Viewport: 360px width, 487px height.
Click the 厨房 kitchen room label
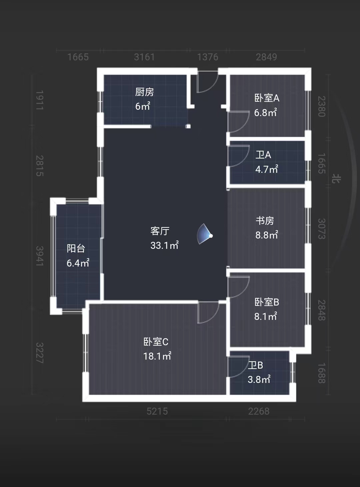(144, 92)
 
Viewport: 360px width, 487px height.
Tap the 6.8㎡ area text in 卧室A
(265, 112)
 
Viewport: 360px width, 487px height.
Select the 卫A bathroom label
(263, 155)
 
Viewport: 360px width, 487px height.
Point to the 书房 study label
(265, 221)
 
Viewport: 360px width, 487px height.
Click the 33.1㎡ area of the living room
(164, 245)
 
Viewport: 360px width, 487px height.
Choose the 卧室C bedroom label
(156, 342)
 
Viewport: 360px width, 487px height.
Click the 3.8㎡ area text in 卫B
(259, 380)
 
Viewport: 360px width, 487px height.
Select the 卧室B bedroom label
(267, 302)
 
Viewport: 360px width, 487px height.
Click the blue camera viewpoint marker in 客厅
(205, 234)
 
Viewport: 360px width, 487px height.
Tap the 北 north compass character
(336, 178)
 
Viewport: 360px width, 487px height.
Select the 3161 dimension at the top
(144, 57)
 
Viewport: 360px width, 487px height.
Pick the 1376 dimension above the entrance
(208, 57)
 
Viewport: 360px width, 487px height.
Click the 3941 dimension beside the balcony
(40, 256)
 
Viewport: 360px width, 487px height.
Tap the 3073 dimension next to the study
(322, 228)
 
